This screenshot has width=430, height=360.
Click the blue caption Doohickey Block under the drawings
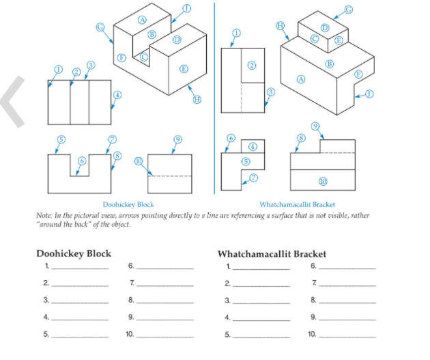point(128,204)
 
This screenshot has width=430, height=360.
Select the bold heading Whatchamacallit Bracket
point(271,253)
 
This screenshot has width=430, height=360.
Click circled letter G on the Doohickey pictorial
point(100,27)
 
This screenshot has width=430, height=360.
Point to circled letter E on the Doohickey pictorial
point(183,68)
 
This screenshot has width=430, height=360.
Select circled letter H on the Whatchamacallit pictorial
point(280,25)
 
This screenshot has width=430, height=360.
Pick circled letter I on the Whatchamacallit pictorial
point(369,94)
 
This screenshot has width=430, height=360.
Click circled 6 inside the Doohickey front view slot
point(81,160)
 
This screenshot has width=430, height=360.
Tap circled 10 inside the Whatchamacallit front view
point(322,181)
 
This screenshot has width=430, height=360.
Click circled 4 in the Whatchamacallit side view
point(252,147)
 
